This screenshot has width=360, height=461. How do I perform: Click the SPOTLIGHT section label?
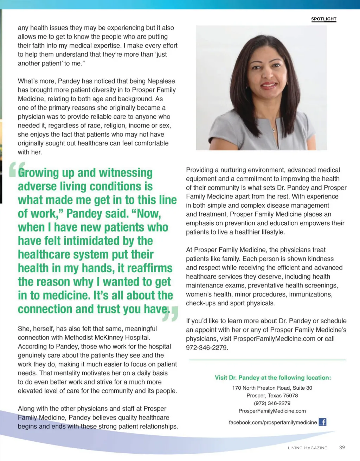tap(323, 19)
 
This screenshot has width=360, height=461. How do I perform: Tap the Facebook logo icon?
tap(322, 422)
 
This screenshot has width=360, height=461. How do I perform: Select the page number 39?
tap(342, 447)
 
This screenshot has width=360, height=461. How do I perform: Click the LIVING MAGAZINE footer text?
tap(307, 448)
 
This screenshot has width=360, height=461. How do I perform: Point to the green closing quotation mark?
tap(170, 314)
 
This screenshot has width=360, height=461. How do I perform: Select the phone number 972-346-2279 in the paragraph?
tap(207, 348)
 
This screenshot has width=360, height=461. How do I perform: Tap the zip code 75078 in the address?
tap(290, 396)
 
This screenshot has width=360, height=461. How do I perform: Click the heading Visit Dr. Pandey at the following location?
tap(273, 378)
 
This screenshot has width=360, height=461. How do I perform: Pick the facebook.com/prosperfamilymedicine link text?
tap(273, 422)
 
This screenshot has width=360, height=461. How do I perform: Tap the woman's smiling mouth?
tap(269, 85)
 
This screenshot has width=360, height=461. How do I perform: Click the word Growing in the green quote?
tap(39, 173)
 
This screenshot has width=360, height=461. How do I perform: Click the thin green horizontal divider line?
tap(267, 360)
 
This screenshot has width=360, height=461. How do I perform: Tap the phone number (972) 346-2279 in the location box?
tap(272, 403)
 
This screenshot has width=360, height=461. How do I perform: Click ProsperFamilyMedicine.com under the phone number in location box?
tap(272, 411)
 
